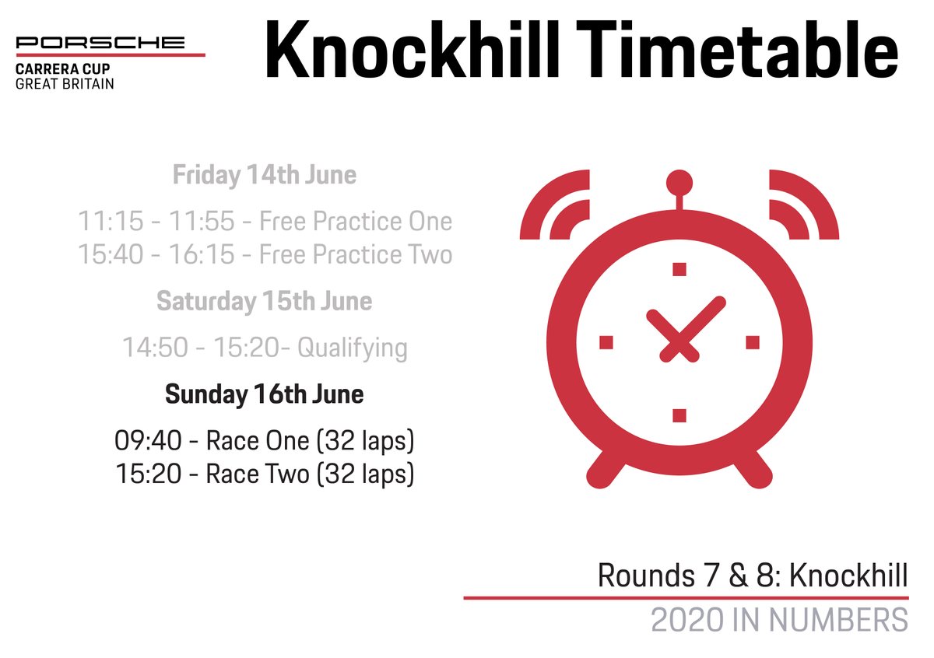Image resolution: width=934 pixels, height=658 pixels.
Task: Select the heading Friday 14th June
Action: click(x=264, y=175)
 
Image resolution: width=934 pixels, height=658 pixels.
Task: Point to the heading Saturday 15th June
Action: click(x=264, y=300)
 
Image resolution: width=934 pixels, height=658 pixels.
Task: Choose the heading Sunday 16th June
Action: click(x=264, y=394)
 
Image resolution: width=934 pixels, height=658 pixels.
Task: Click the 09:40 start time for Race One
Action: click(x=148, y=441)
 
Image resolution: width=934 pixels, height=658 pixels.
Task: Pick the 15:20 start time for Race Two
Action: click(x=148, y=474)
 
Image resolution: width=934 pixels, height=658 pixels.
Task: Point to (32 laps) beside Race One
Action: click(x=364, y=441)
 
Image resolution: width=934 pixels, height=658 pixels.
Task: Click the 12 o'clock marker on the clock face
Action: click(x=679, y=269)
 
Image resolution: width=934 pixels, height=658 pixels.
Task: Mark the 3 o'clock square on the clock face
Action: click(x=752, y=342)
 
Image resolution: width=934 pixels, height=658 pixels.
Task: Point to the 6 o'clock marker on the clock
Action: click(x=679, y=415)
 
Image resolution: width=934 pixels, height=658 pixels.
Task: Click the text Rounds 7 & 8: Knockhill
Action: click(x=752, y=576)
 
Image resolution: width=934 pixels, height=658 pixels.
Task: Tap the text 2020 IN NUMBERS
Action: click(x=779, y=621)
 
